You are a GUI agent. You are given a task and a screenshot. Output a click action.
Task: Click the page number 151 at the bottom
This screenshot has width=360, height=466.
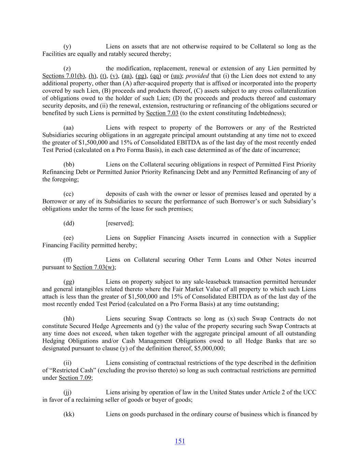(x=180, y=441)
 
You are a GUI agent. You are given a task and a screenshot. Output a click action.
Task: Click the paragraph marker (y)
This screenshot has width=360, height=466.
(x=67, y=46)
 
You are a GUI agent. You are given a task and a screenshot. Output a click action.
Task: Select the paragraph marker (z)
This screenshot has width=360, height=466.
(x=67, y=69)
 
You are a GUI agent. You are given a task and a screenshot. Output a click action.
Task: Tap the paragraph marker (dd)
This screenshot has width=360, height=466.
(x=69, y=223)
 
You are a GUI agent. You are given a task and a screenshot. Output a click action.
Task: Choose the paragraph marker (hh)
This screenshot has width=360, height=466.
(x=69, y=319)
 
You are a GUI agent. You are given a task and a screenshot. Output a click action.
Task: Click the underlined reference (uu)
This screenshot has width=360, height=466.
(x=176, y=76)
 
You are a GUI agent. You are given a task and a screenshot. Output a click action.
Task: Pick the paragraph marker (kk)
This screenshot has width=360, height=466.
(x=69, y=414)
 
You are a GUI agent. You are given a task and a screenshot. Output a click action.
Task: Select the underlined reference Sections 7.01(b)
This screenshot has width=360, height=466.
(x=64, y=76)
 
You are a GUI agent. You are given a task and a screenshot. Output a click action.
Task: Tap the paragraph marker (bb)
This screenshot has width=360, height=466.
(x=69, y=165)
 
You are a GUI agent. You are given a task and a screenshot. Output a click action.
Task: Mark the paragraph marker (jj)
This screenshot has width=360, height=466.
(x=68, y=392)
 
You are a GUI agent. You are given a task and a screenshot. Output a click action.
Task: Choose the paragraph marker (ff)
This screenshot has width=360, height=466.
(x=68, y=260)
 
